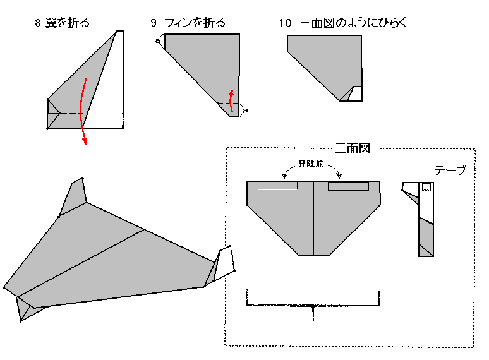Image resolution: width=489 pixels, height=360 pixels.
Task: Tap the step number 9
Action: [x=154, y=23]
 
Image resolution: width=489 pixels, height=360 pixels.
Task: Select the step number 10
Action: [x=285, y=23]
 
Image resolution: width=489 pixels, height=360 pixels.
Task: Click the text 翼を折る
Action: [x=68, y=23]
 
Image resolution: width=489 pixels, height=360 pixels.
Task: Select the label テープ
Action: [x=450, y=170]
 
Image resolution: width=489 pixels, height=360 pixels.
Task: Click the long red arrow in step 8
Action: [x=83, y=111]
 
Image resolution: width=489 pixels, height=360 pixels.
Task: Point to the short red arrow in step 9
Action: [x=232, y=101]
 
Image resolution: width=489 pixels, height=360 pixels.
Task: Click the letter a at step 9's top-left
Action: [x=157, y=41]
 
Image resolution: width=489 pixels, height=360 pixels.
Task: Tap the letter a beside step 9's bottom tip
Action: [x=245, y=111]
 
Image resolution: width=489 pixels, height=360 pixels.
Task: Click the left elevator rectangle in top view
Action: [x=277, y=186]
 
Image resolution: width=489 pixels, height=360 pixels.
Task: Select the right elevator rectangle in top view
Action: [x=348, y=186]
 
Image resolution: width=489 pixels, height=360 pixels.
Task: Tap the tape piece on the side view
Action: [x=427, y=187]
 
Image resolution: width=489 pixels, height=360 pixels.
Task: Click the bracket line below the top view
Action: [x=313, y=306]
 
